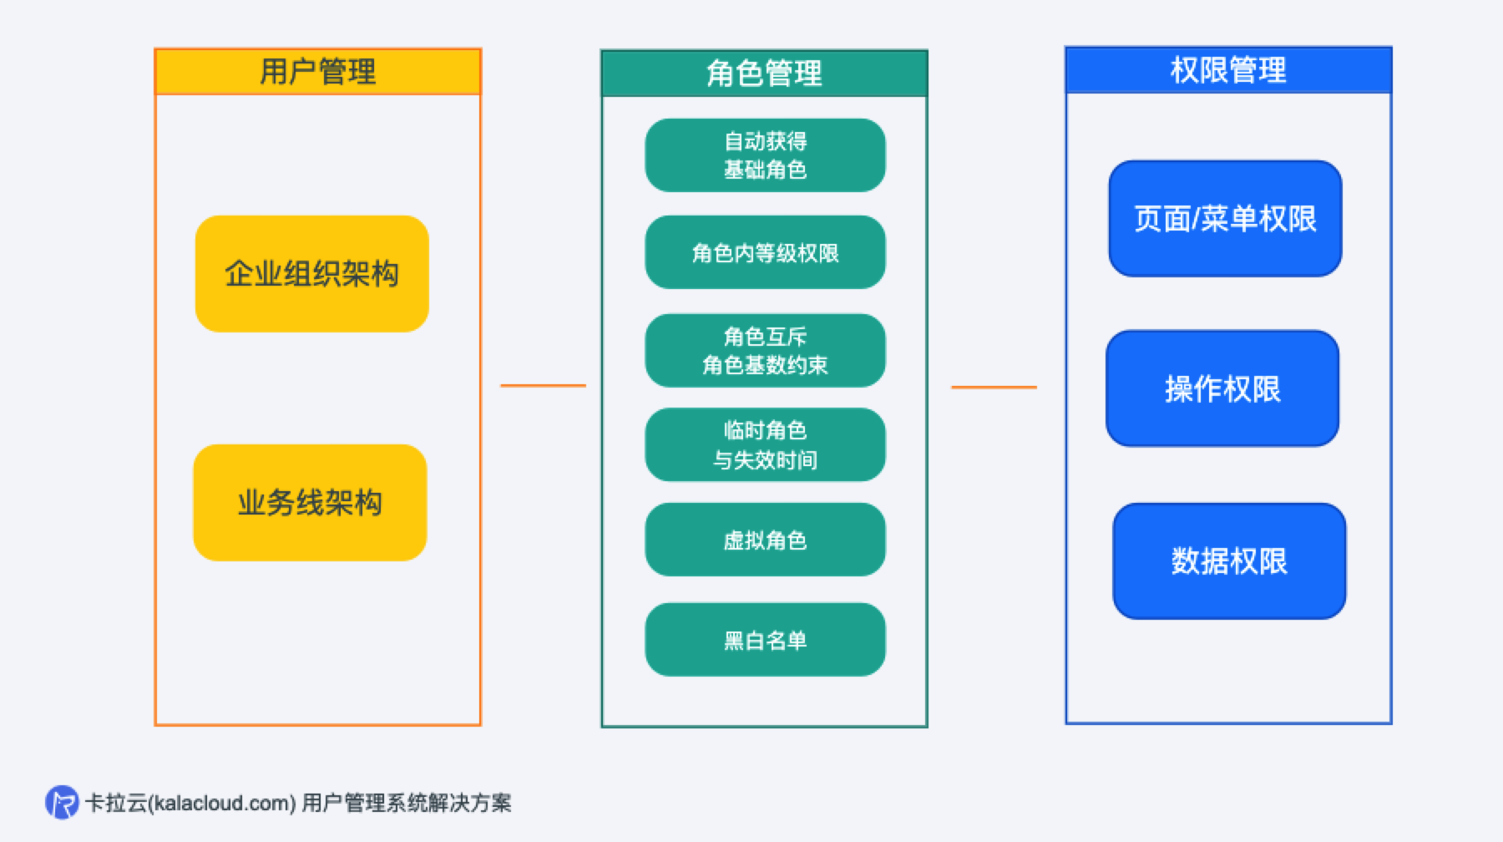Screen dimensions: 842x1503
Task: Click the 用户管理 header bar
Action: [x=317, y=72]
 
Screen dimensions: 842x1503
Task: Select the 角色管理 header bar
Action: [x=764, y=74]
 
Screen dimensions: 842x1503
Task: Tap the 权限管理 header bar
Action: [x=1228, y=70]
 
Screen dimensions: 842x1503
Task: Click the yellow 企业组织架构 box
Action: [x=311, y=274]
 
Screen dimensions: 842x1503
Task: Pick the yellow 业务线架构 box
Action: [x=310, y=503]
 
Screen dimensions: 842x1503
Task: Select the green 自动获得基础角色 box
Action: [x=765, y=155]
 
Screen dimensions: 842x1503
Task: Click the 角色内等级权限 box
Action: [x=765, y=252]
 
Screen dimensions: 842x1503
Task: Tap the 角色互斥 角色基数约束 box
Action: [x=765, y=351]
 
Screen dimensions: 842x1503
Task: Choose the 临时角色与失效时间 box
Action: [x=765, y=444]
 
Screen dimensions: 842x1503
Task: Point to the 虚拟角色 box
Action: [x=765, y=540]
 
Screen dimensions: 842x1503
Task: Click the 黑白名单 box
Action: [x=765, y=640]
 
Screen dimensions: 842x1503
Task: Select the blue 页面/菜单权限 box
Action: [x=1225, y=219]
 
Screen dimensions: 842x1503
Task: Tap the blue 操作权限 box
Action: [x=1222, y=388]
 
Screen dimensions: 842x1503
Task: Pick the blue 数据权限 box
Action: [x=1229, y=561]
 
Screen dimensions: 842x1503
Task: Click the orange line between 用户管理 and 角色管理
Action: [x=543, y=385]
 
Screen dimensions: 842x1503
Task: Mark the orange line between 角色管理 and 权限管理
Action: [x=994, y=387]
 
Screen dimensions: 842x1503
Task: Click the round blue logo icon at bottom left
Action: [x=62, y=803]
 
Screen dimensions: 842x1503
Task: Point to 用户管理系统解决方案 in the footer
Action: [x=406, y=804]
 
